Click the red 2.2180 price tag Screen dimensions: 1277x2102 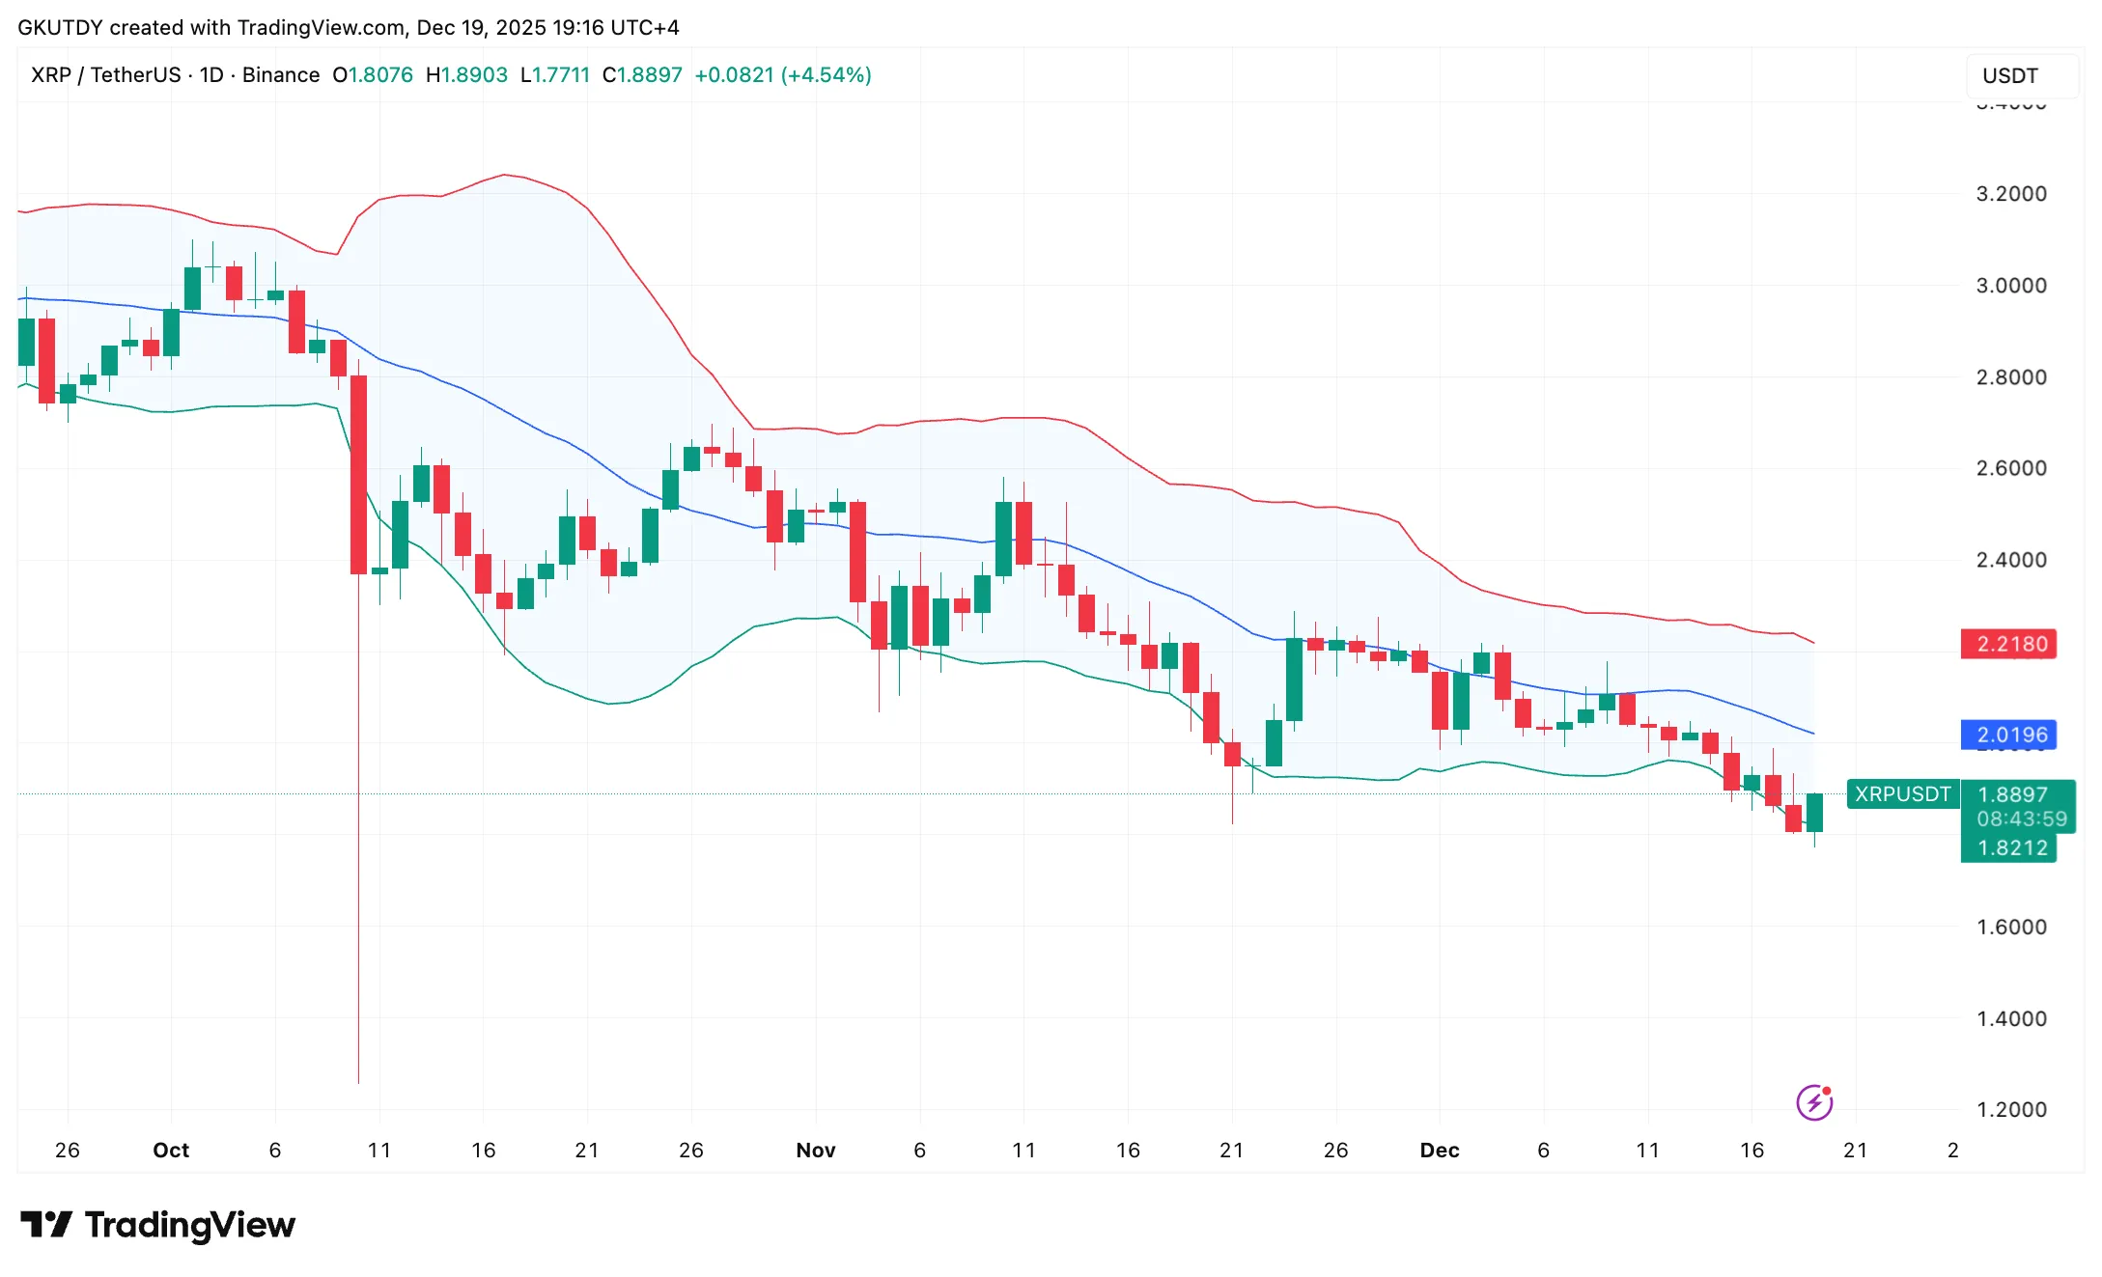click(2010, 644)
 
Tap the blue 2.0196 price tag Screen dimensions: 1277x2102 click(2010, 735)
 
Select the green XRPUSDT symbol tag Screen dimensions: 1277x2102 click(1902, 793)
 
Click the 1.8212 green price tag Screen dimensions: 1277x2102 click(2010, 847)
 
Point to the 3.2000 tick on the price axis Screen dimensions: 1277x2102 click(2010, 194)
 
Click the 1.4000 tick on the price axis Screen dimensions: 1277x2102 click(2010, 1018)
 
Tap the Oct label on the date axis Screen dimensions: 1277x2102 click(171, 1150)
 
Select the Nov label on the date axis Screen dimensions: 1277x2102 click(815, 1150)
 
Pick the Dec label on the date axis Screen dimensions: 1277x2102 click(1439, 1150)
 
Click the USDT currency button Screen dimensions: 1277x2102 click(2011, 75)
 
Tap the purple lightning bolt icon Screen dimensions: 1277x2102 click(1814, 1101)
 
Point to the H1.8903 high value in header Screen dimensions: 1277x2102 click(466, 75)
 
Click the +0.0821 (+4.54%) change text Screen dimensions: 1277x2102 click(782, 75)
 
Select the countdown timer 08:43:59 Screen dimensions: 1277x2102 click(2021, 819)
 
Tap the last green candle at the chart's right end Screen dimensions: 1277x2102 click(1814, 812)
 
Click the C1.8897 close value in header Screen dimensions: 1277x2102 click(642, 75)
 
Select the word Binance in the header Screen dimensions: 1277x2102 click(281, 75)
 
